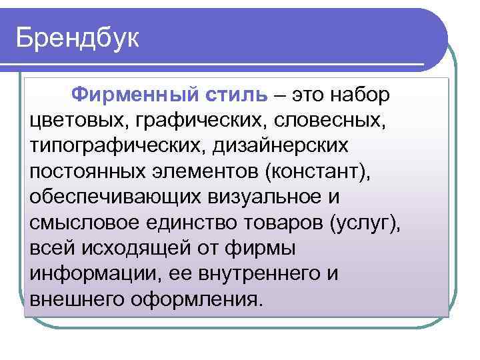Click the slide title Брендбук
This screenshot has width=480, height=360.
[78, 39]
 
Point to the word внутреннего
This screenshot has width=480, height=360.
[258, 273]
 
